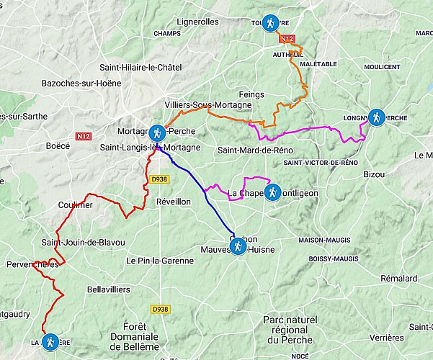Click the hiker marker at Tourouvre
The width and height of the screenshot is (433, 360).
pyautogui.click(x=269, y=23)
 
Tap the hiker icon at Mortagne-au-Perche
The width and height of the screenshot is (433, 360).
pyautogui.click(x=157, y=132)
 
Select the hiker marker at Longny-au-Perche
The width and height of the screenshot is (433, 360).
pyautogui.click(x=375, y=117)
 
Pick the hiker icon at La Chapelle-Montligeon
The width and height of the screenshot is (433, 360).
pyautogui.click(x=272, y=192)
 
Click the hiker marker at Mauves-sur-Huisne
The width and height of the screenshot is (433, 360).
pyautogui.click(x=237, y=248)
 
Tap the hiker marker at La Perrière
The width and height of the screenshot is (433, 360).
pyautogui.click(x=50, y=342)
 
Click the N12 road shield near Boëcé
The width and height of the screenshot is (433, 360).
pyautogui.click(x=82, y=134)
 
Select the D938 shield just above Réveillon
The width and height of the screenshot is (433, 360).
pyautogui.click(x=159, y=179)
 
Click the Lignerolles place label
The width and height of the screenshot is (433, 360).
pyautogui.click(x=197, y=22)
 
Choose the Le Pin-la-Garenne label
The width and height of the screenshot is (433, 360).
pyautogui.click(x=161, y=261)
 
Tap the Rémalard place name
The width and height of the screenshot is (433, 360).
pyautogui.click(x=400, y=278)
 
